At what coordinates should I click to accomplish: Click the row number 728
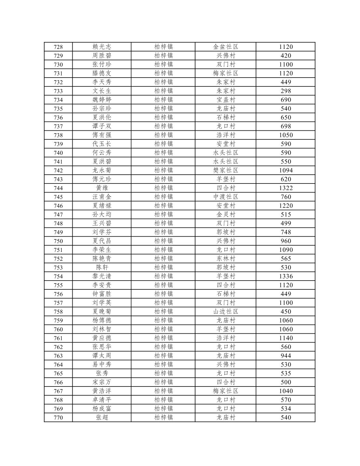click(58, 47)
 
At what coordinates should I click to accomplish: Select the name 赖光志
click(102, 47)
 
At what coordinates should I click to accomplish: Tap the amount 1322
click(286, 188)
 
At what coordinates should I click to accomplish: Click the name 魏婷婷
click(102, 100)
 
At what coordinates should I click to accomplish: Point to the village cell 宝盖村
click(225, 100)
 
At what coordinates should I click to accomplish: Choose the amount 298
click(286, 91)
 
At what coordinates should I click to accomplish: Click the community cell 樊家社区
click(225, 170)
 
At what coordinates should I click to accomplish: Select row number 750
click(58, 241)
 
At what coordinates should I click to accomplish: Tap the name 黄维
click(102, 188)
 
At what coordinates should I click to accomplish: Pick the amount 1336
click(286, 276)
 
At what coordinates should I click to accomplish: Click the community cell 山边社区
click(225, 312)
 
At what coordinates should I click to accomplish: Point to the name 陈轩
click(102, 268)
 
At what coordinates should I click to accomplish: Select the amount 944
click(286, 356)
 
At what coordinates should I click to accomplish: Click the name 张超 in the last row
click(102, 417)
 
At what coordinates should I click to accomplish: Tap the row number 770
click(58, 417)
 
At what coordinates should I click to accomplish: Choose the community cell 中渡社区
click(225, 197)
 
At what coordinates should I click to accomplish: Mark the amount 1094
click(286, 170)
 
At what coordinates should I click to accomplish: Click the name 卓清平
click(102, 400)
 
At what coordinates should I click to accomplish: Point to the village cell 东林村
click(225, 259)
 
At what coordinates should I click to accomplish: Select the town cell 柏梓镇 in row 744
click(163, 188)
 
